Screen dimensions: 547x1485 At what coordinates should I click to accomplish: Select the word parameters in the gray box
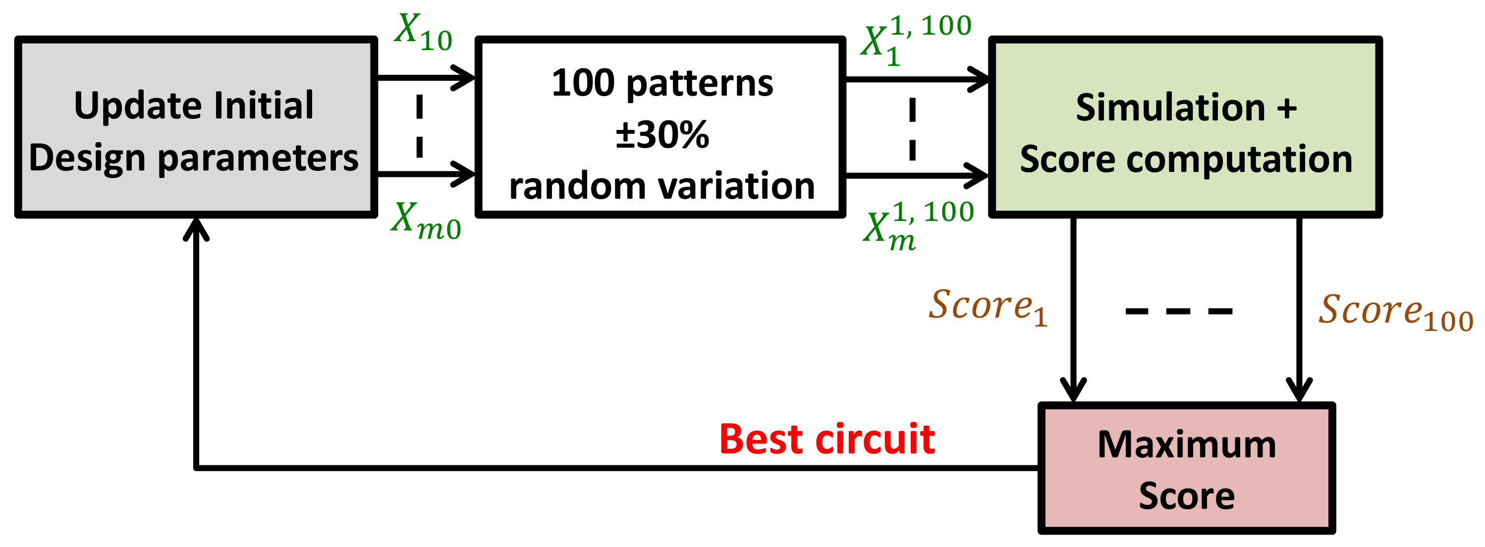tap(258, 158)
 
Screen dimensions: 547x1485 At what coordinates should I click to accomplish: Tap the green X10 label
tap(423, 33)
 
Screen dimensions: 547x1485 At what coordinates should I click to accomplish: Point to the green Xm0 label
tap(426, 221)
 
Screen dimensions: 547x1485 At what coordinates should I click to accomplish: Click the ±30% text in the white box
tap(662, 135)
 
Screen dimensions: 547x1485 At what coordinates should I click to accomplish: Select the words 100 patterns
tap(662, 83)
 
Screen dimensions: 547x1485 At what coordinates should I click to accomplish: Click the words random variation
tap(662, 186)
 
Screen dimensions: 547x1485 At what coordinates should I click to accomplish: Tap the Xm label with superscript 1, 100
tap(918, 226)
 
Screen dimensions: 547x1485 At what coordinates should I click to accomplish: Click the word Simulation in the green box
tap(1170, 108)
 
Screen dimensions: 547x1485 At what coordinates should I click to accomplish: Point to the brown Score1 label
tap(987, 307)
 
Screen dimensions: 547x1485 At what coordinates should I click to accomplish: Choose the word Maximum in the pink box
tap(1186, 444)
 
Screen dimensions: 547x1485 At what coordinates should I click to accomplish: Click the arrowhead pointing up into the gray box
tap(196, 229)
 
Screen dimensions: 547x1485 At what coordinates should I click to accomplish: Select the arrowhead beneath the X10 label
tap(463, 77)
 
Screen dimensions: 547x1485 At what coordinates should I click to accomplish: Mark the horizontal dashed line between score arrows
tap(1178, 311)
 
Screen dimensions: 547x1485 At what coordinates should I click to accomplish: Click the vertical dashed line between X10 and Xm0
tap(419, 126)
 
